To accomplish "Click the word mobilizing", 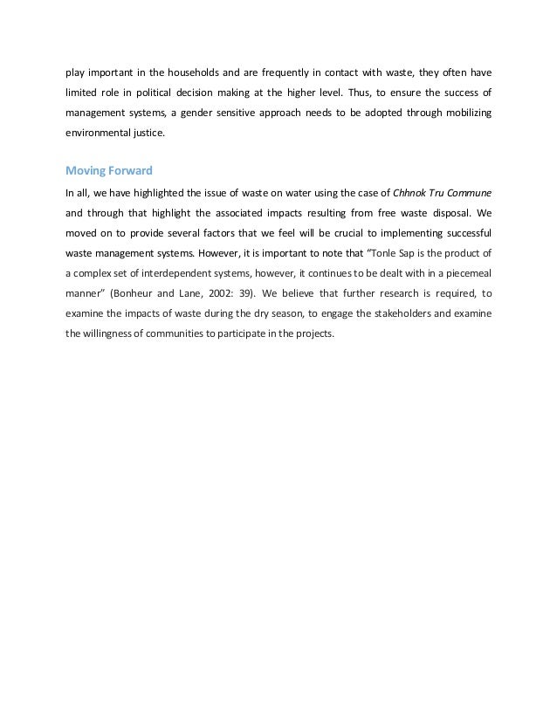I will pos(460,113).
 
